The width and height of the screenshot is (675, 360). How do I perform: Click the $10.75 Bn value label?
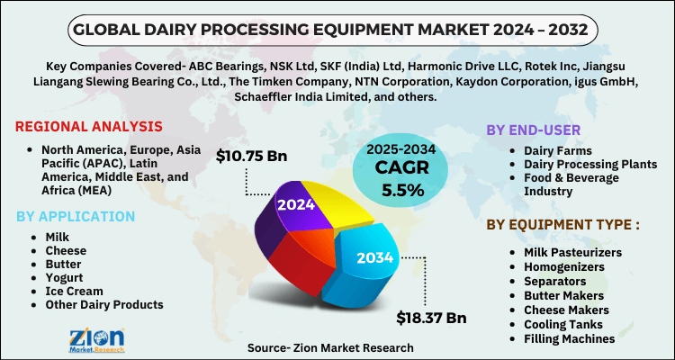point(251,156)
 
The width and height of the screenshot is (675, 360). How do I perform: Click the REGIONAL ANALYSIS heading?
point(89,126)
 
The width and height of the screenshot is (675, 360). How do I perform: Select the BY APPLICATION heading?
point(76,216)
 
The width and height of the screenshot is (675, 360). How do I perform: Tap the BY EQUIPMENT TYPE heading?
point(564,224)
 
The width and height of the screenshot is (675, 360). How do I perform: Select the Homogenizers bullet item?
point(563,267)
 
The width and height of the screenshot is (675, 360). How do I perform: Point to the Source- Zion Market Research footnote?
point(332,346)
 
